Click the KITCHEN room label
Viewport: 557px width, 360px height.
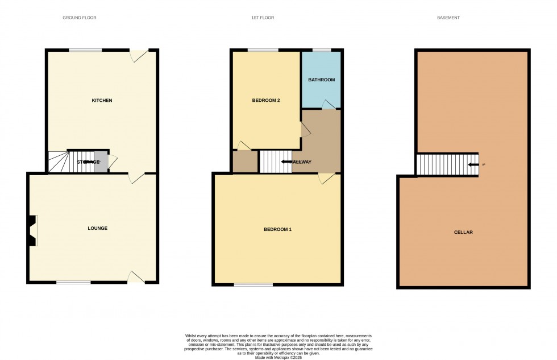(x=102, y=101)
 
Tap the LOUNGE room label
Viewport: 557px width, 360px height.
(x=97, y=228)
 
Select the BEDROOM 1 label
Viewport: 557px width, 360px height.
(x=277, y=230)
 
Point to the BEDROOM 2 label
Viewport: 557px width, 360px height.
(x=266, y=101)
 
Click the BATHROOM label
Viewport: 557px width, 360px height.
(x=321, y=80)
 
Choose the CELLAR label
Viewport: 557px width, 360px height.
(x=463, y=232)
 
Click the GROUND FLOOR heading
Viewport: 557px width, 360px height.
(x=80, y=18)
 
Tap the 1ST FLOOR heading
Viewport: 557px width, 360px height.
(x=263, y=18)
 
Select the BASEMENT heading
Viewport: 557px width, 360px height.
(x=448, y=18)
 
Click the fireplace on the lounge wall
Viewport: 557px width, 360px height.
(x=32, y=230)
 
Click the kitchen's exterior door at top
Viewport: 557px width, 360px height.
(x=138, y=55)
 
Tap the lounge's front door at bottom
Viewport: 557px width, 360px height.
(x=136, y=278)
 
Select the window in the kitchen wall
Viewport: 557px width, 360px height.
(x=85, y=50)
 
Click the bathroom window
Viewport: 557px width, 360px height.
(x=322, y=50)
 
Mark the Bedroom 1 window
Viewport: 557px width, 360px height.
(x=253, y=284)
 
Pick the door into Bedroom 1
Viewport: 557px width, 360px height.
(x=326, y=178)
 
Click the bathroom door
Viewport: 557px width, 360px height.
(x=327, y=104)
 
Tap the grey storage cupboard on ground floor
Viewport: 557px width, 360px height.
(x=101, y=162)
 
